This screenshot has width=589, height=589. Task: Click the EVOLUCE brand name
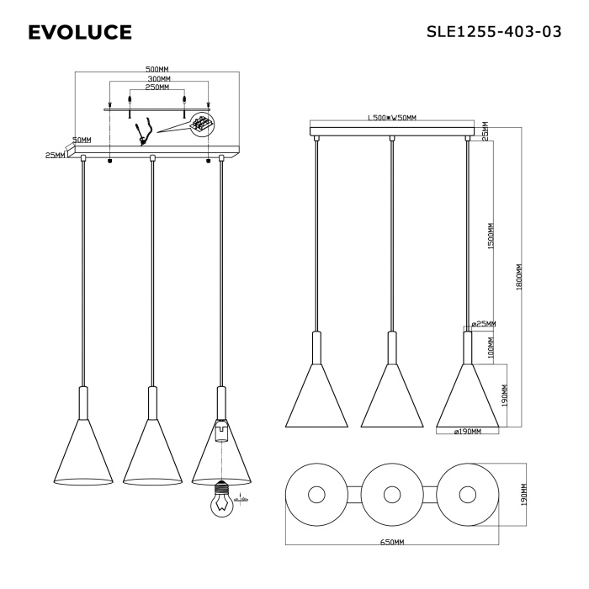[x=79, y=33]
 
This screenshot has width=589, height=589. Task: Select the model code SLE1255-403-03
[x=494, y=32]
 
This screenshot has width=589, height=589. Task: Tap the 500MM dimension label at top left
[x=157, y=70]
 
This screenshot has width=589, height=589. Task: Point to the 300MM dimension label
[x=157, y=78]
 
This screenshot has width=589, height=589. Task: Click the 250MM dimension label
[x=157, y=87]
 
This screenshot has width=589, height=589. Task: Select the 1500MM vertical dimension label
[x=491, y=237]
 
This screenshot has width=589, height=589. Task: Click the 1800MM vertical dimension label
[x=520, y=277]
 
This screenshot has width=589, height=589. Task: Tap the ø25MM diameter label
[x=483, y=324]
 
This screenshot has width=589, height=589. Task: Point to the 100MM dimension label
[x=491, y=346]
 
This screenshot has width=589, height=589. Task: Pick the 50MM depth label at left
[x=82, y=140]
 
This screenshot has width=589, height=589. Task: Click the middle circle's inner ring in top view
[x=391, y=495]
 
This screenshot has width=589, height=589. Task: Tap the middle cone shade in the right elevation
[x=391, y=395]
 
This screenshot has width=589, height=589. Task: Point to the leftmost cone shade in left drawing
[x=83, y=454]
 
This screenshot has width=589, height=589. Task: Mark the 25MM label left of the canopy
[x=55, y=156]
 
